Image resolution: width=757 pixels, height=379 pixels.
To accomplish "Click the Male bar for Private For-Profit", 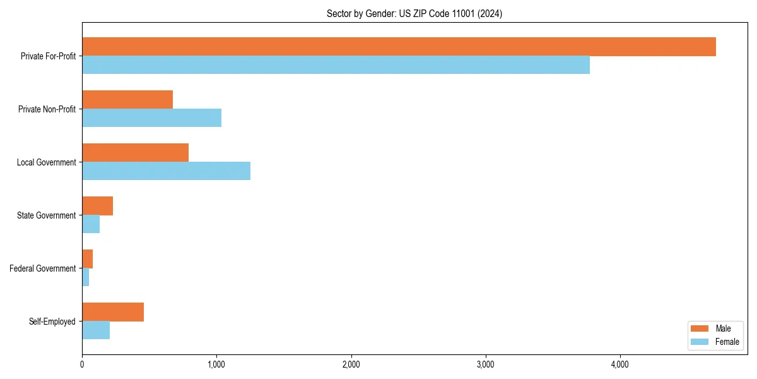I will [399, 47].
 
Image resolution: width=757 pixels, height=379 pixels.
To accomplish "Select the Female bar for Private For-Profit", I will [336, 65].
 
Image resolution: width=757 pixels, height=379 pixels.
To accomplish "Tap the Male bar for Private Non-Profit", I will [127, 100].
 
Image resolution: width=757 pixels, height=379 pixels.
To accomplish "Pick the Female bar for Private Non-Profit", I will [151, 118].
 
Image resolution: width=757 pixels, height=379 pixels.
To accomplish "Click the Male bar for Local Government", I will [135, 153].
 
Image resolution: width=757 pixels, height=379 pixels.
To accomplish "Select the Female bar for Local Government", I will [166, 171].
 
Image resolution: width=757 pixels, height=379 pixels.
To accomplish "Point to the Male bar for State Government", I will [97, 206].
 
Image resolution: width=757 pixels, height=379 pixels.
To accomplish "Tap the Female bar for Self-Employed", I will [96, 330].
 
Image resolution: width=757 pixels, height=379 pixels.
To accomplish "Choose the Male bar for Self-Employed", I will [113, 312].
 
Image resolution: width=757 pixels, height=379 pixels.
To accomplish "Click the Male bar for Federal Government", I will [87, 259].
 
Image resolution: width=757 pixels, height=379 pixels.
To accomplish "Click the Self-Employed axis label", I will [52, 322].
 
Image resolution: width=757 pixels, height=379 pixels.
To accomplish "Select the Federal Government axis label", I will [42, 268].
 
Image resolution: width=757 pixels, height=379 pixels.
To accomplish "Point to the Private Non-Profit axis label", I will [47, 109].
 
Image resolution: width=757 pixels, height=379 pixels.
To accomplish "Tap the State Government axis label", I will [46, 215].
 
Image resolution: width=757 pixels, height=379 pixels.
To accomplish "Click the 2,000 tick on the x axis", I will [351, 364].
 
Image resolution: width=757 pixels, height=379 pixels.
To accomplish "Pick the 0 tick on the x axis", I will [82, 364].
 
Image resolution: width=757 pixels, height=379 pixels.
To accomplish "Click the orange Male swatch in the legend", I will [700, 328].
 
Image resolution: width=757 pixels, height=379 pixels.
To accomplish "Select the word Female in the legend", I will [727, 342].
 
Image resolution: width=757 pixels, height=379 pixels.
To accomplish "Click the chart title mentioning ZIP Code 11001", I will [414, 13].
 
